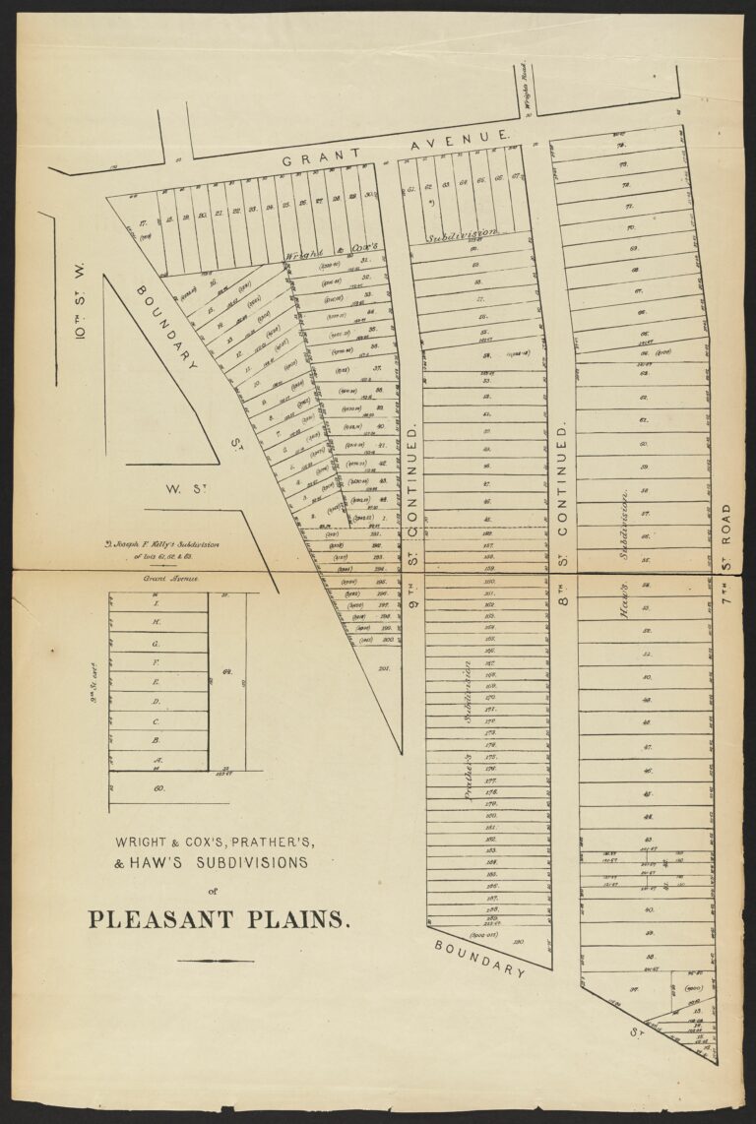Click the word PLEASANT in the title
(x=164, y=920)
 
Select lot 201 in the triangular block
(x=383, y=669)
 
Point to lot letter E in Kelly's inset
(x=156, y=682)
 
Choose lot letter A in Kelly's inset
(x=156, y=760)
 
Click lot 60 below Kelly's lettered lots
(x=157, y=787)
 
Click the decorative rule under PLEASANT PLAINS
(x=216, y=960)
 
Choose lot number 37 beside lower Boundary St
(x=621, y=990)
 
